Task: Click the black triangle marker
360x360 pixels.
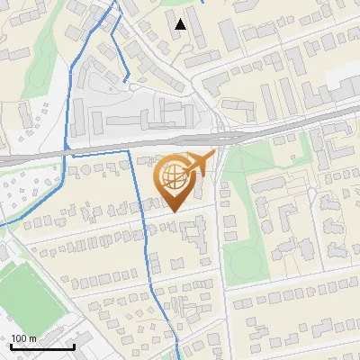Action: (x=181, y=23)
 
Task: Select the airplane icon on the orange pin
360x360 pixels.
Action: (x=200, y=163)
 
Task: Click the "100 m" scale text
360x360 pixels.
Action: (x=24, y=338)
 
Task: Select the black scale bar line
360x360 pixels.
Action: (x=42, y=347)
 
